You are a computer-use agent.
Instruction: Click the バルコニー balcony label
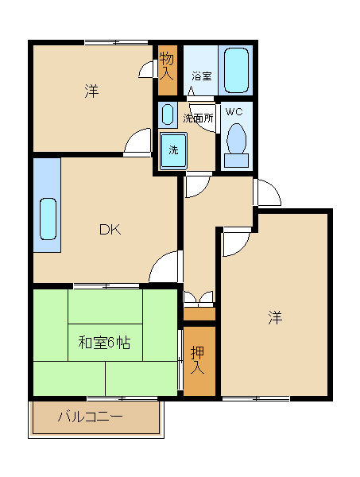tap(91, 416)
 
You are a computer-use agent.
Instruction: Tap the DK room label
tap(110, 230)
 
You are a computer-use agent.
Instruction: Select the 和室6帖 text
tap(104, 343)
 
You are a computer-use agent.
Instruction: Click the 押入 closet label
tap(197, 360)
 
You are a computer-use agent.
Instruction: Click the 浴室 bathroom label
tap(202, 76)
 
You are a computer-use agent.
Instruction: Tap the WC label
tap(234, 112)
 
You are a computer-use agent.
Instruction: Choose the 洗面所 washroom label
tap(198, 118)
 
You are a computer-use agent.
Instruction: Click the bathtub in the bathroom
tap(236, 70)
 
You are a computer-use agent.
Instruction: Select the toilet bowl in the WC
tap(236, 138)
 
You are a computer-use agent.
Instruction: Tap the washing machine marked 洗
tap(173, 150)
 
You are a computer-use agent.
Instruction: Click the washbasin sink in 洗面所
tap(168, 114)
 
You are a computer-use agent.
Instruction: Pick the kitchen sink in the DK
tap(48, 219)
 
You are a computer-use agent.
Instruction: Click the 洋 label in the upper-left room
tap(91, 91)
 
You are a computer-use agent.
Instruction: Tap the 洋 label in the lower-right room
tap(275, 317)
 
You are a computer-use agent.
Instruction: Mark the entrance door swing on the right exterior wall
tap(268, 192)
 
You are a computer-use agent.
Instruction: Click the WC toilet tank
tap(236, 160)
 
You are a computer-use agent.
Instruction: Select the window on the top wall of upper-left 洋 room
tap(116, 43)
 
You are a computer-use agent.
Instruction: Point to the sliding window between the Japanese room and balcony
tap(122, 398)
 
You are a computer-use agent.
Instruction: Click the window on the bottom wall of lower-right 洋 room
tap(256, 398)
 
